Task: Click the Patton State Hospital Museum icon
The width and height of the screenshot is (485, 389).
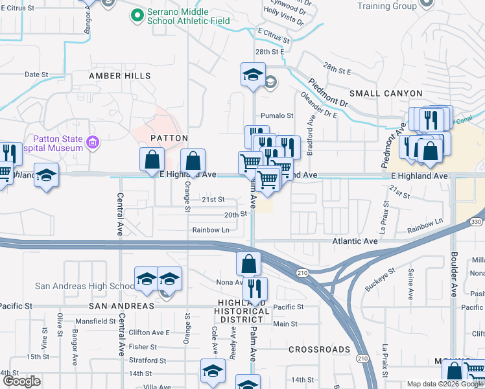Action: tap(93, 142)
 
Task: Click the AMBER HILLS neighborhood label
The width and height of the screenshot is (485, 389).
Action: tap(120, 76)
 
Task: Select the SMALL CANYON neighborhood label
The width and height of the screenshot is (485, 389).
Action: tap(386, 93)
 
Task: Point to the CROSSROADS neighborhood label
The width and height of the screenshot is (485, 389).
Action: tap(319, 349)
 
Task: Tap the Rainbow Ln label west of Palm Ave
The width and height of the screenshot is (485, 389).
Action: tap(211, 230)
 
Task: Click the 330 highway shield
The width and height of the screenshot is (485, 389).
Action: tap(477, 222)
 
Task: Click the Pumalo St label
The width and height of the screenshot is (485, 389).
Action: tap(277, 116)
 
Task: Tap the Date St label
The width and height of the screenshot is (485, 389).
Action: tap(36, 75)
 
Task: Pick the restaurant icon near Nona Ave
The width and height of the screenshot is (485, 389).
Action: tap(257, 289)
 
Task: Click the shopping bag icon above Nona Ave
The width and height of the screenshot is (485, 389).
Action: tap(248, 264)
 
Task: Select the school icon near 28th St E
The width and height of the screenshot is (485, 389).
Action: tap(253, 75)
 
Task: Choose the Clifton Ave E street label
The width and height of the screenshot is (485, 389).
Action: tap(148, 333)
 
